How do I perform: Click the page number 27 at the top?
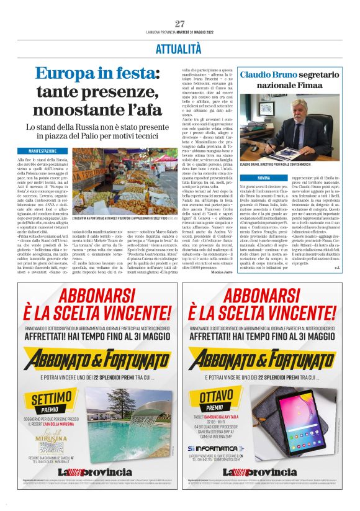(x=180, y=24)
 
